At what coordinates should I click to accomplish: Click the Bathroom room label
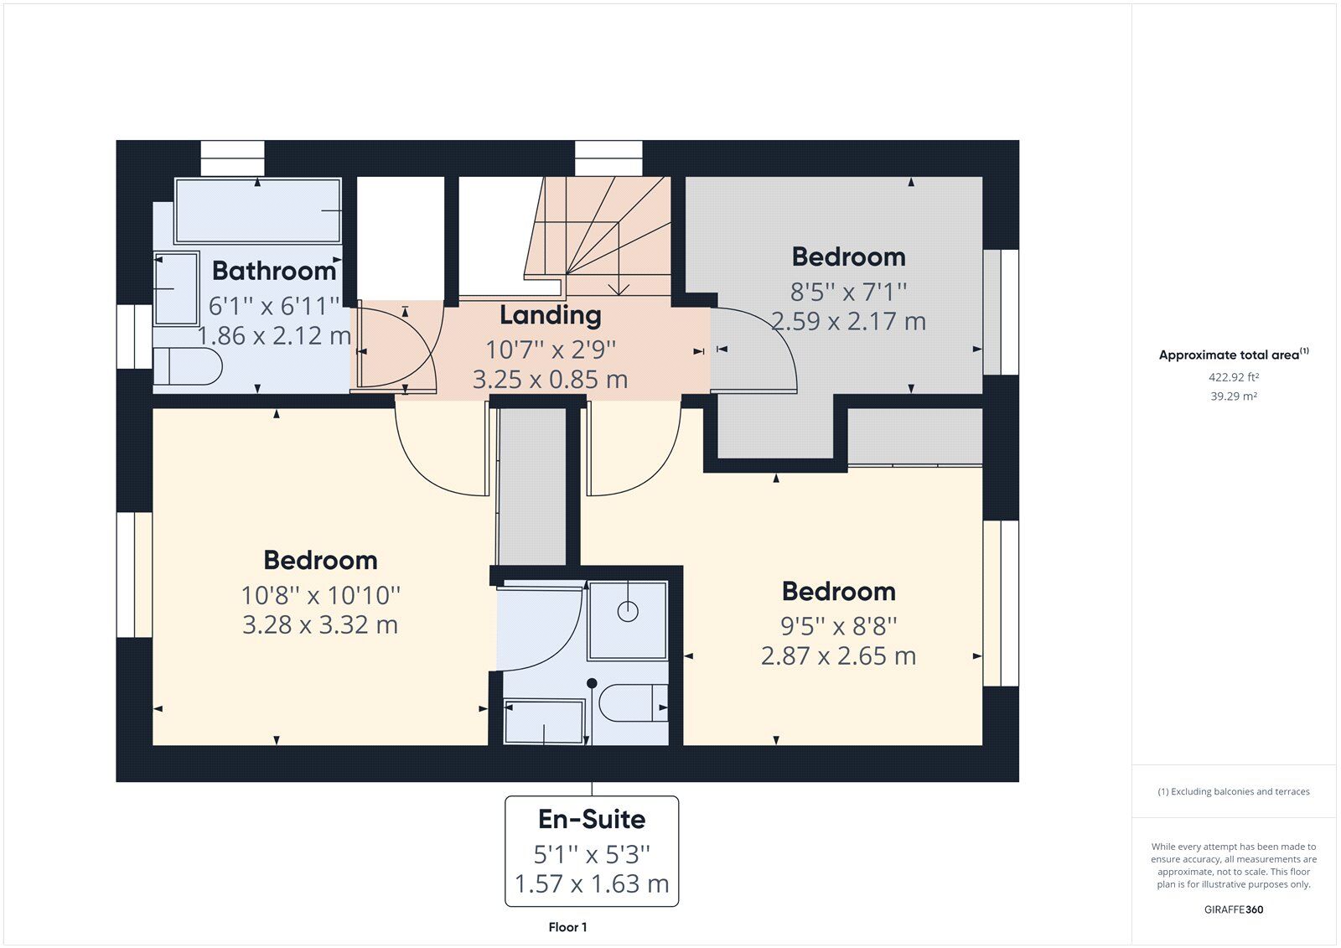tap(274, 271)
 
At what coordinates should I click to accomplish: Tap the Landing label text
tap(550, 316)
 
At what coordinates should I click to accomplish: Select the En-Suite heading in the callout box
tap(592, 819)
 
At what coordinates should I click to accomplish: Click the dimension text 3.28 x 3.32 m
tap(320, 624)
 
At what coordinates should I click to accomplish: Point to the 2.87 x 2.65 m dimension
tap(838, 655)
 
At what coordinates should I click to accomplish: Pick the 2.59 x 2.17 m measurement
tap(848, 322)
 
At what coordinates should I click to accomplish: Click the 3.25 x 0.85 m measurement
tap(550, 380)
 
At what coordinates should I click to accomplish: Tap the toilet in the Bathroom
tap(188, 366)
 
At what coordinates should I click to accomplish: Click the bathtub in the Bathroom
tap(258, 210)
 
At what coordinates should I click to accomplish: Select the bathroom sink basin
tap(177, 289)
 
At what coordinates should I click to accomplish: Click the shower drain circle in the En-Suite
tap(628, 611)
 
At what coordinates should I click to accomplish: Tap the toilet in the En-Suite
tap(634, 703)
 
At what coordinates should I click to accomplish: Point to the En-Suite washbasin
tap(544, 722)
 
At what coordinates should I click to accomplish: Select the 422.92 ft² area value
tap(1233, 377)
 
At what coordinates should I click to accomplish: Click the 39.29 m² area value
tap(1233, 396)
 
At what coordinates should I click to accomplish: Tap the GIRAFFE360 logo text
tap(1233, 909)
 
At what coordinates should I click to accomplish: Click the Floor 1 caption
tap(567, 927)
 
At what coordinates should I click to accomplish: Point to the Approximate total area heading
tap(1233, 355)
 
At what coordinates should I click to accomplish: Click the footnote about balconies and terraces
tap(1233, 792)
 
